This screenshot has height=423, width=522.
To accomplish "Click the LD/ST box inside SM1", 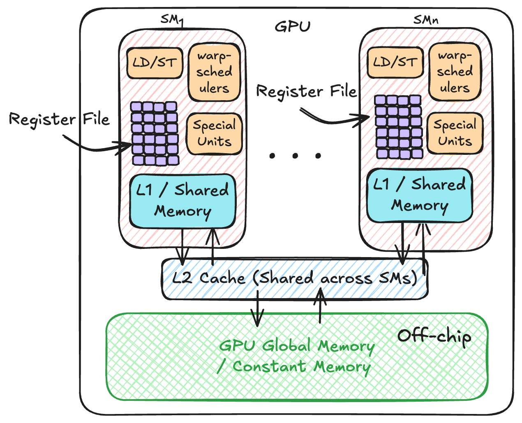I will tap(155, 63).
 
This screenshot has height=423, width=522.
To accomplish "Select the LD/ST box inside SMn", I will tap(395, 62).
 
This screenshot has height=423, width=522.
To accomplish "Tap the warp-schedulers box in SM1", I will tap(214, 72).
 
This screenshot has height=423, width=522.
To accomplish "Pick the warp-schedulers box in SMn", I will tap(455, 71).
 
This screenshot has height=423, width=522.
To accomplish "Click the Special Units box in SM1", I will tap(214, 133).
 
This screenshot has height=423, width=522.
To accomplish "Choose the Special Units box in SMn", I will tap(455, 133).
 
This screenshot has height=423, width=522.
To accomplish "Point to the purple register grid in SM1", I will tap(155, 133).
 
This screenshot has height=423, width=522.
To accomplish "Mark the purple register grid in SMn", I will tap(398, 126).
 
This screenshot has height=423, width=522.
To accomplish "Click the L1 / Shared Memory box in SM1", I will tap(183, 201).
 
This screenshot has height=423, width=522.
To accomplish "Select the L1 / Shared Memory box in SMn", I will tap(419, 195).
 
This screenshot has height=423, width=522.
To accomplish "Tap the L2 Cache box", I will tap(294, 278).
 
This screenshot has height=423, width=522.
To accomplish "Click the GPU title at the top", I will tap(293, 27).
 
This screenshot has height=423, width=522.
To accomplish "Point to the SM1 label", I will tap(171, 20).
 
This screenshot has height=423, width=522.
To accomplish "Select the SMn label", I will tap(425, 20).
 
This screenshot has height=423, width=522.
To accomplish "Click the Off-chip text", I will tap(434, 336).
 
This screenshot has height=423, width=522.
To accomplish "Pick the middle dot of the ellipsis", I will tap(295, 156).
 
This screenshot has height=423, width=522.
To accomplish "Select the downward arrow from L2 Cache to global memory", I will tap(258, 308).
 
